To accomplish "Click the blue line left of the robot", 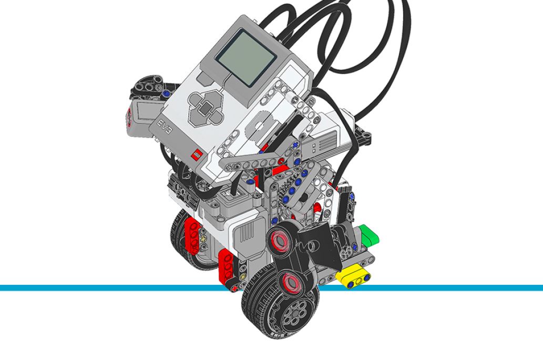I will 105,287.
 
